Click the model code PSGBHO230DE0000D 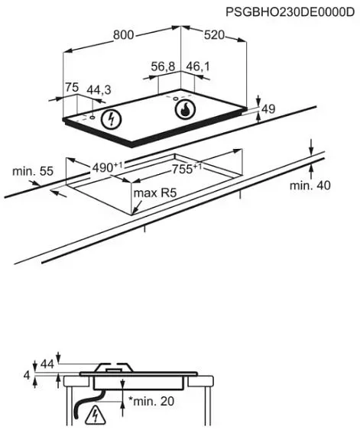(290, 12)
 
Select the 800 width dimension (124, 35)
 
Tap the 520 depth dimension (214, 35)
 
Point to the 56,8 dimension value (163, 66)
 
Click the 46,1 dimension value (197, 66)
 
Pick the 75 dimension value (72, 87)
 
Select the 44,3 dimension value (99, 90)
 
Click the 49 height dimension (268, 109)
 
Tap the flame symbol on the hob (185, 109)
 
